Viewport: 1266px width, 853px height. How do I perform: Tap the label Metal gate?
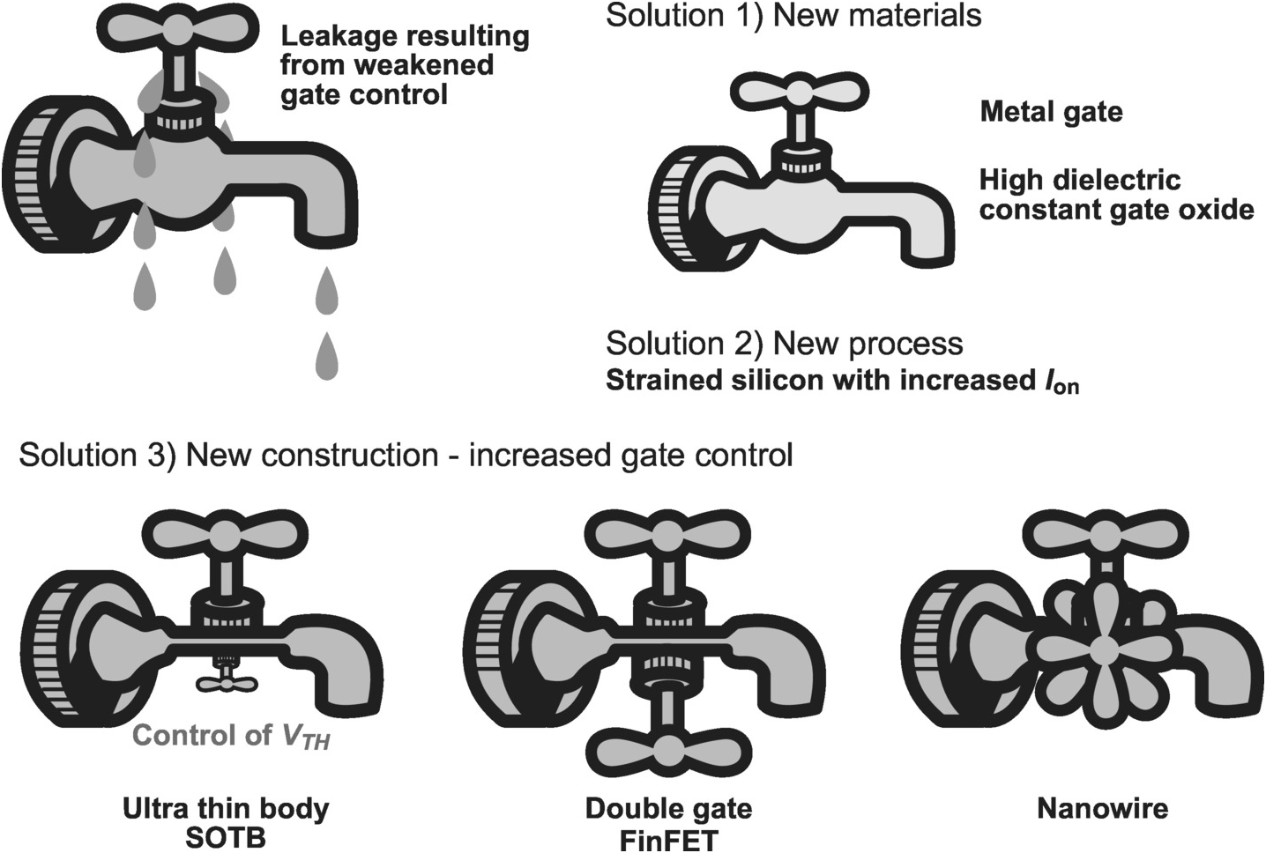coord(1051,113)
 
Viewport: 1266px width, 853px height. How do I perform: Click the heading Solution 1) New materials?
coord(793,15)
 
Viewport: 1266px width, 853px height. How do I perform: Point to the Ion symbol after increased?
coord(1061,382)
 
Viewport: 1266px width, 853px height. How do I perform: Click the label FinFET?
coord(668,840)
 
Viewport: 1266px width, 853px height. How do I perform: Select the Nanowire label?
coord(1103,809)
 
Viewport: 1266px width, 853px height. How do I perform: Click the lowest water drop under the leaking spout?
coord(327,357)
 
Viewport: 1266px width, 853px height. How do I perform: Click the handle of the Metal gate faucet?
coord(799,93)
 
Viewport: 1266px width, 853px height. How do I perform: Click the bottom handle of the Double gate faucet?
coord(669,753)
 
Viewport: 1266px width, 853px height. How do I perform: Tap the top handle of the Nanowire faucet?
coord(1106,533)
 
